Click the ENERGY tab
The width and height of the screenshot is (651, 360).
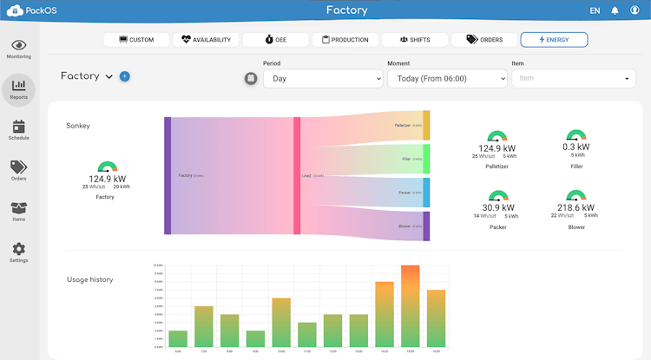coord(554,40)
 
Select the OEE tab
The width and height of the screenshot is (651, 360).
coord(276,40)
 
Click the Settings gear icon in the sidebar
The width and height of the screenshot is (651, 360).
coord(19,250)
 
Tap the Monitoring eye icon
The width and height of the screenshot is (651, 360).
coord(19,45)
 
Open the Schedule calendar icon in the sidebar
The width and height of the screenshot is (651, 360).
coord(19,128)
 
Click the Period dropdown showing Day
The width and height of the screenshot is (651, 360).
coord(322,78)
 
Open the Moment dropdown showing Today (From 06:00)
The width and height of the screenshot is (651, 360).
coord(447,78)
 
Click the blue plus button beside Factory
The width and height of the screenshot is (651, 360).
coord(125,76)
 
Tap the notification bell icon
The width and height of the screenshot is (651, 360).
coord(615,10)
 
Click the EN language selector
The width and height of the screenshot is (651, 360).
coord(595,10)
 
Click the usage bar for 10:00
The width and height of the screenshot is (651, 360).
coord(281,323)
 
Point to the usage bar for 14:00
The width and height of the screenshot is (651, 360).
coord(385,315)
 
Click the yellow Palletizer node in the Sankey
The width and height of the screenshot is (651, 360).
coord(426,126)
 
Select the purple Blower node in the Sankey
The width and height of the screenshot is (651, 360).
coord(426,226)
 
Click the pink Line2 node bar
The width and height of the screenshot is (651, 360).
coord(297,175)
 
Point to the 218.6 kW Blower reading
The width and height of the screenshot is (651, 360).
coord(575,208)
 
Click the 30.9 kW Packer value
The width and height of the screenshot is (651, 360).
coord(497,208)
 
